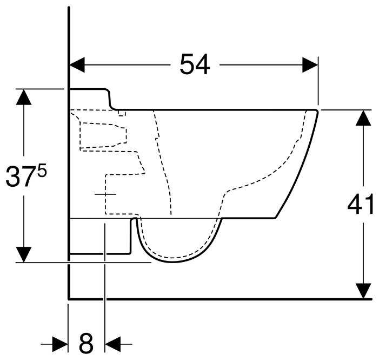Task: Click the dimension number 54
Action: pos(195,66)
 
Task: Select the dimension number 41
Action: pos(361,205)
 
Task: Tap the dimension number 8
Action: pos(87,343)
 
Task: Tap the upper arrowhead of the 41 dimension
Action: pos(364,117)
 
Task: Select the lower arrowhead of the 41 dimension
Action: pos(364,291)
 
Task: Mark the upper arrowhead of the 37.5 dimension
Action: pos(23,97)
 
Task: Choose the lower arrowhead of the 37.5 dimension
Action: pos(23,254)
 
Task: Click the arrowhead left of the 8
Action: pos(61,343)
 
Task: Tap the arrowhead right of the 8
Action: pos(112,343)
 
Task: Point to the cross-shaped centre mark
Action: pos(104,193)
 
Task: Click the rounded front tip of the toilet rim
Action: pos(316,112)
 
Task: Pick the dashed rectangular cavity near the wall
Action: pos(103,135)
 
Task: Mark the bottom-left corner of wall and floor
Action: pos(69,298)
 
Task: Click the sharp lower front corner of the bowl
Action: pos(276,218)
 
